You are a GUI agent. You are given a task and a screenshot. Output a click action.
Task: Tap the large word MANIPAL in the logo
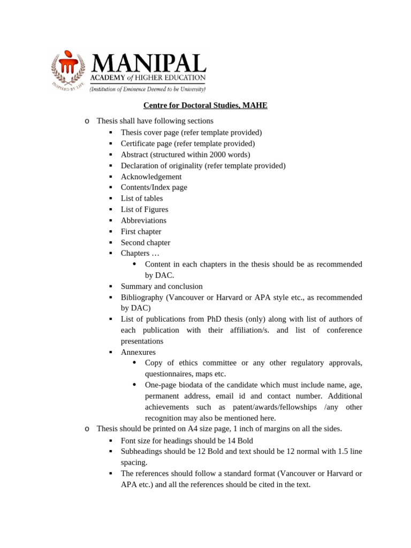point(148,64)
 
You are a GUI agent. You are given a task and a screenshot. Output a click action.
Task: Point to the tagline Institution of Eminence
point(148,89)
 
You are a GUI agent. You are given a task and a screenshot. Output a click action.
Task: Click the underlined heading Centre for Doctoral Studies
point(205,105)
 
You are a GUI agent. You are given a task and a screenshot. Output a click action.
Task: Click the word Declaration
point(141,165)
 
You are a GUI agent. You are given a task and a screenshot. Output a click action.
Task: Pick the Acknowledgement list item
point(151,177)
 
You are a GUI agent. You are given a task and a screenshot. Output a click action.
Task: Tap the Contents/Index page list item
point(154,187)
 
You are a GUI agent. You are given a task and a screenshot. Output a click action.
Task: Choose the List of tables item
point(141,199)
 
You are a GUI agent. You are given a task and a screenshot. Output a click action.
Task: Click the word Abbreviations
point(143,220)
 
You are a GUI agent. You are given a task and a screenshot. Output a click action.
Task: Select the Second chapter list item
point(145,242)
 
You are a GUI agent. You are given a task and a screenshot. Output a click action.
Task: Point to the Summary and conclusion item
point(161,286)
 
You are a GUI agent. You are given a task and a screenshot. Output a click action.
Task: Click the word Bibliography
point(142,298)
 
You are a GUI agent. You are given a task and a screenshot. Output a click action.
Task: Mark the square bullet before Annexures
point(111,352)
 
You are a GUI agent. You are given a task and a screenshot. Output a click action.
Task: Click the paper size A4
point(193,429)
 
